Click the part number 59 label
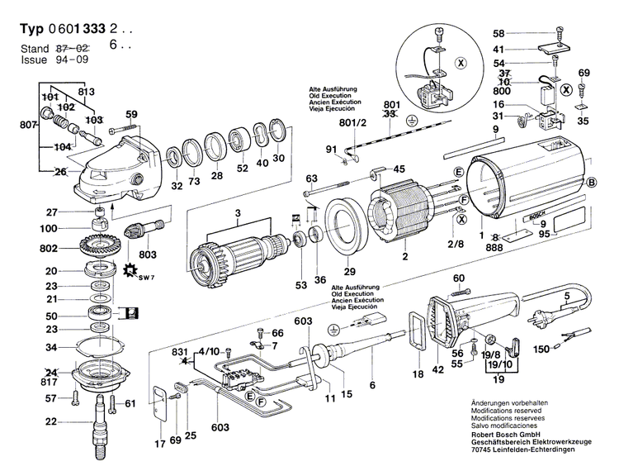[131, 114]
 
